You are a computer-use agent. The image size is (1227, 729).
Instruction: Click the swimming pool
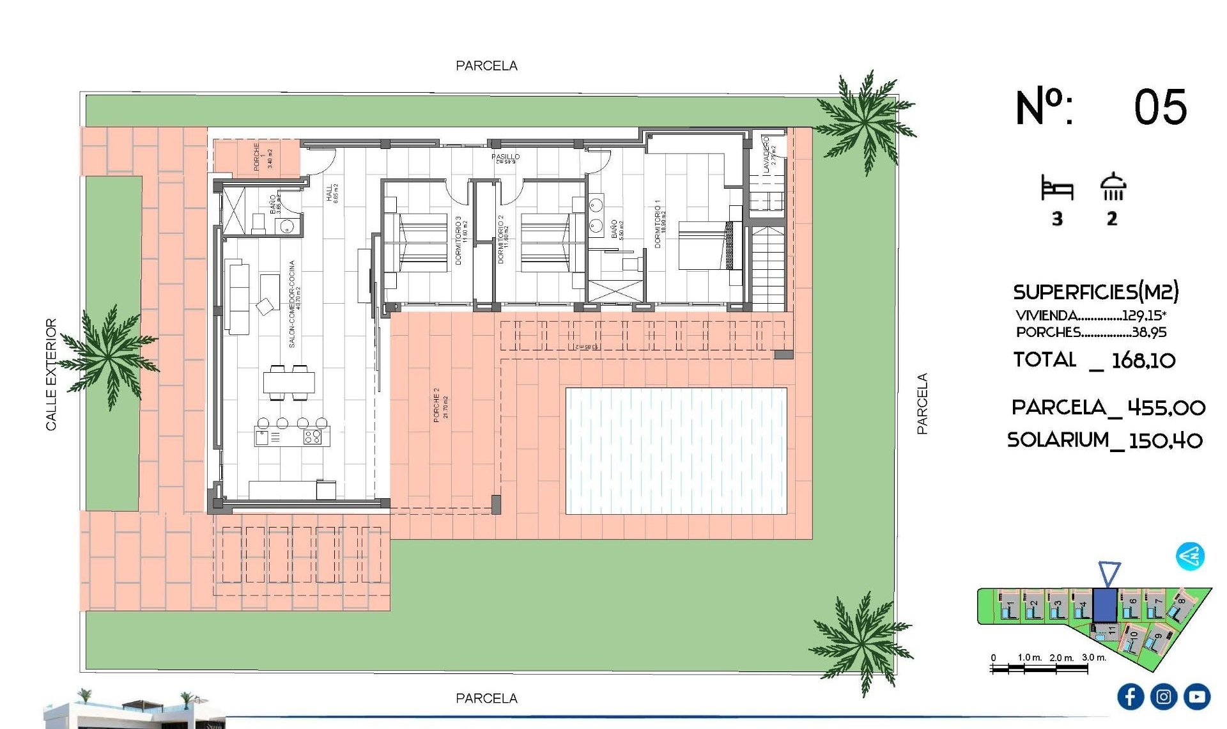[676, 451]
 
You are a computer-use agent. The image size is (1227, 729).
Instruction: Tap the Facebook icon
[1130, 696]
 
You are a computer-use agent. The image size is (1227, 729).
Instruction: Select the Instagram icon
[1163, 696]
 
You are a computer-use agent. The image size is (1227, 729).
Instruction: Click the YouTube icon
[1196, 696]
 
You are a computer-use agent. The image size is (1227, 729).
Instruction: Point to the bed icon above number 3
[1057, 189]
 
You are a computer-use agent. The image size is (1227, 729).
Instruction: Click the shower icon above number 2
[1113, 187]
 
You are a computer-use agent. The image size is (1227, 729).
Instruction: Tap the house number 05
[1160, 107]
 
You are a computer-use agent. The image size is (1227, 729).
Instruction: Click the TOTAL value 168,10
[1143, 361]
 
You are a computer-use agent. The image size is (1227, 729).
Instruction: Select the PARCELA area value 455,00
[1166, 407]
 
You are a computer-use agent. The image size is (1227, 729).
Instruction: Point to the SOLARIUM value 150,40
[1165, 441]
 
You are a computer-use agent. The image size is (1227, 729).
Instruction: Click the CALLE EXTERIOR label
[51, 374]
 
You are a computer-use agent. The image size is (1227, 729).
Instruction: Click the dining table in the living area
[289, 382]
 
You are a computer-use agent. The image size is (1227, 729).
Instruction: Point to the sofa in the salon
[237, 297]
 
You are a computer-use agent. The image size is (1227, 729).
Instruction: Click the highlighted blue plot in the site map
[1104, 605]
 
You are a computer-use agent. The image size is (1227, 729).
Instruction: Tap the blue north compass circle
[1190, 556]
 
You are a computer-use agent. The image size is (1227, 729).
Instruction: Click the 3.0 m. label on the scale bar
[1093, 657]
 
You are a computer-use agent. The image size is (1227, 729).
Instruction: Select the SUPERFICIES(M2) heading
[1095, 292]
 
